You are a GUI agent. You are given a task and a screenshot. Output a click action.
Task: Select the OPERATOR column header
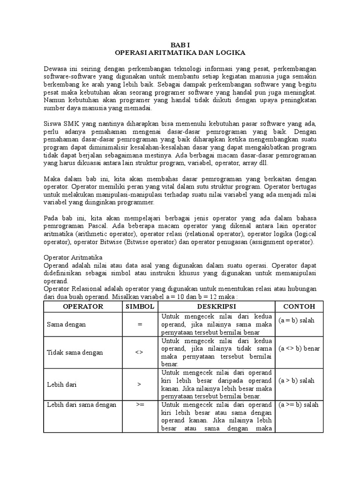tap(82, 307)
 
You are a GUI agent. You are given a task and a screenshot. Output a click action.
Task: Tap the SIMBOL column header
tap(139, 307)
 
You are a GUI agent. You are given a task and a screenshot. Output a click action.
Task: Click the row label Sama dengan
tap(66, 324)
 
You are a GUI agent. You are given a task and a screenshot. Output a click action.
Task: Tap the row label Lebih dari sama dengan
tap(81, 405)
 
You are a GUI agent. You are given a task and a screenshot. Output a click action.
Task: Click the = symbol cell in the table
tap(139, 324)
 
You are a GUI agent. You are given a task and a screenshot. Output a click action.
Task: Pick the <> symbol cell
tap(139, 352)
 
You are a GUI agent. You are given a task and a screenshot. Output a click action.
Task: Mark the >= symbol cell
tap(139, 405)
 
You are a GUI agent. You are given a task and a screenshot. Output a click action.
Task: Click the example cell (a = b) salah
tap(296, 321)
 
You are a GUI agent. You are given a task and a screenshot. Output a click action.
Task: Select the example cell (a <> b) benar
tap(299, 349)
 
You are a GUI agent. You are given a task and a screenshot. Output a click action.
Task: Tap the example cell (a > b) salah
tap(296, 381)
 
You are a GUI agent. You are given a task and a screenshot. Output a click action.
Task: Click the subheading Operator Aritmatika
tap(76, 257)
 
